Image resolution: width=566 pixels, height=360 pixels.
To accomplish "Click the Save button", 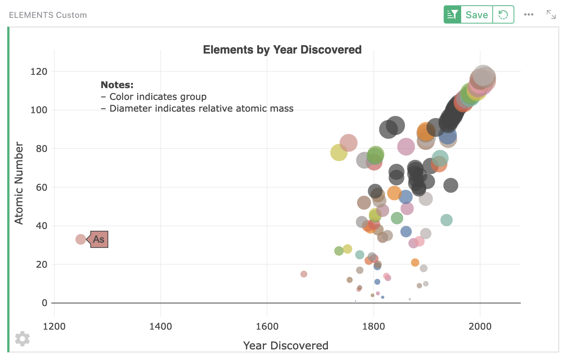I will pos(476,15).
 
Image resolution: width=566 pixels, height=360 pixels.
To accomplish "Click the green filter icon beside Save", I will pos(452,15).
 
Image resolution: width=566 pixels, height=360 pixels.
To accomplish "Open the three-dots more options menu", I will pos(528,15).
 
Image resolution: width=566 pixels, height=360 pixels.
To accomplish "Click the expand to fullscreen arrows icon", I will pos(551,15).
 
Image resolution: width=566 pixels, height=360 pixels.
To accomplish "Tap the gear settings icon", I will pos(22,338).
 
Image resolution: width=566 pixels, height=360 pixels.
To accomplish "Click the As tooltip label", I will pos(99,239).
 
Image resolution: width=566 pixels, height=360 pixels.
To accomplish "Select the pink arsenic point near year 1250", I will pos(81,239).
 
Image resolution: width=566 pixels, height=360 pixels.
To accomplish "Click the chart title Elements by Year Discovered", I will pos(282,50).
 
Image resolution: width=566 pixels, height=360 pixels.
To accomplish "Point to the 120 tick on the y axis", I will pos(39,71).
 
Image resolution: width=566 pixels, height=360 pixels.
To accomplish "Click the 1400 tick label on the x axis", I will pos(161,326).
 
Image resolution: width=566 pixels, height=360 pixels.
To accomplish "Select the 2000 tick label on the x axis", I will pos(480,326).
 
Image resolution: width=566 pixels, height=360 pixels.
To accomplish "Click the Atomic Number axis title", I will pos(19,183).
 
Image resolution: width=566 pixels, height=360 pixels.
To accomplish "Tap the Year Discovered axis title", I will pos(286,345).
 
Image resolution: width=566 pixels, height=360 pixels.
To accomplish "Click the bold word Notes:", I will pos(117,85).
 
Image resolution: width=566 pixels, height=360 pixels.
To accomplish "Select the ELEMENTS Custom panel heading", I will pos(48,15).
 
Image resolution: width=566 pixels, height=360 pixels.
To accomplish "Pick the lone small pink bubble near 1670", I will pos(304,274).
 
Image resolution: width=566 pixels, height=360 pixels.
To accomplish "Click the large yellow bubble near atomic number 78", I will pos(339,153).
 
